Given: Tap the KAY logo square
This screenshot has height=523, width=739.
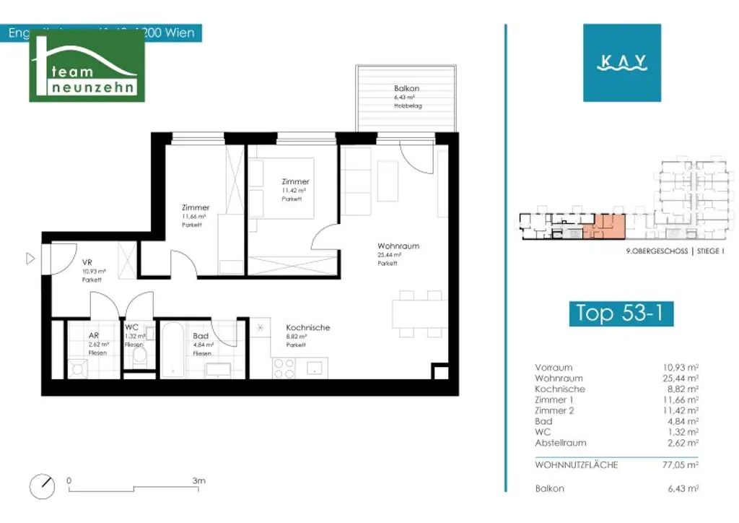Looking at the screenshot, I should point(622,63).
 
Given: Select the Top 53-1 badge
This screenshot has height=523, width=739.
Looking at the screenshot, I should point(621,314).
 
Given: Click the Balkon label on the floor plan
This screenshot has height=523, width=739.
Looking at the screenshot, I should point(406,88).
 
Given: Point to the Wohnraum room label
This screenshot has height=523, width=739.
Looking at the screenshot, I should point(398,246).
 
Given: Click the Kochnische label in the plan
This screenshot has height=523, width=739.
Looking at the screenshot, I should point(307,327).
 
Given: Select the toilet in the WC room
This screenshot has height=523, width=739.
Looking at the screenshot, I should point(139,360).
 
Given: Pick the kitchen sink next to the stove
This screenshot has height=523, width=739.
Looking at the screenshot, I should point(315,368).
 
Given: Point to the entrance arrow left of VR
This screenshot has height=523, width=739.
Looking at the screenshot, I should point(30,258).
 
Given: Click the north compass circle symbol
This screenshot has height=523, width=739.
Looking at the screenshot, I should point(43,486).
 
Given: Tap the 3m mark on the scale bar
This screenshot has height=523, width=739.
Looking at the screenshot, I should point(199,480).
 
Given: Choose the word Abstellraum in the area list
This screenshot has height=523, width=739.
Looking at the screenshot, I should point(560,443).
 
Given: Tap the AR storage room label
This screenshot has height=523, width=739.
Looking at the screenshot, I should point(93,336).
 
